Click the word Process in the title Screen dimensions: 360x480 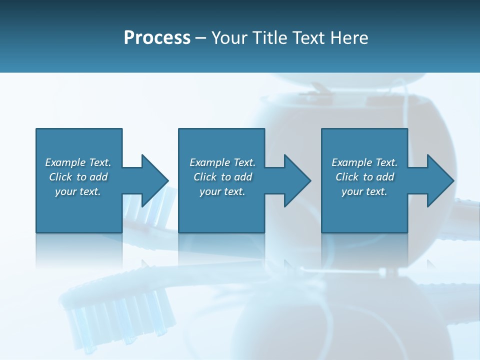coord(157,38)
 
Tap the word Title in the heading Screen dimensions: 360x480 coord(269,38)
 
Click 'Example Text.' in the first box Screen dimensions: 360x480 coord(78,162)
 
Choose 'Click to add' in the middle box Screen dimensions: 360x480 coord(222,177)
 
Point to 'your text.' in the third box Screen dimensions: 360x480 coord(364,191)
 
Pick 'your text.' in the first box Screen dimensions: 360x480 coord(78,191)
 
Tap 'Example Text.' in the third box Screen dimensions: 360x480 coord(364,162)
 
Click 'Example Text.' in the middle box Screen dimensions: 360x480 coord(222,162)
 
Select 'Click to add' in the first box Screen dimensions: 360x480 coord(78,177)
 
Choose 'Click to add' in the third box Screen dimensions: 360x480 coord(364,177)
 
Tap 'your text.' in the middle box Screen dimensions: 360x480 coord(222,191)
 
